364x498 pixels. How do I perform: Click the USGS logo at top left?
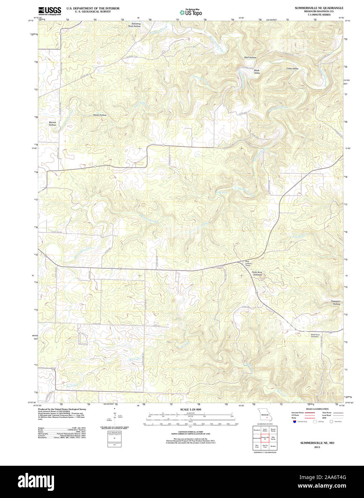point(49,11)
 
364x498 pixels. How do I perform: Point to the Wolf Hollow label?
point(250,58)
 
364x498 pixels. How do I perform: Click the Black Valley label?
point(257,72)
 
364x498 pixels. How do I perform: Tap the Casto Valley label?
point(292,68)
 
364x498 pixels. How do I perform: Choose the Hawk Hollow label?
point(100,115)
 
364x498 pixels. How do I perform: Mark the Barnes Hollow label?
point(53,124)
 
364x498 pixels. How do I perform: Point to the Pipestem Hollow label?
point(336,303)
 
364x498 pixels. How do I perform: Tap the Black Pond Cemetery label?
point(315,336)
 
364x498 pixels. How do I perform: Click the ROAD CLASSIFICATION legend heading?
point(317,409)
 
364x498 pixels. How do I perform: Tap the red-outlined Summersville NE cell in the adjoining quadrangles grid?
point(265,438)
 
